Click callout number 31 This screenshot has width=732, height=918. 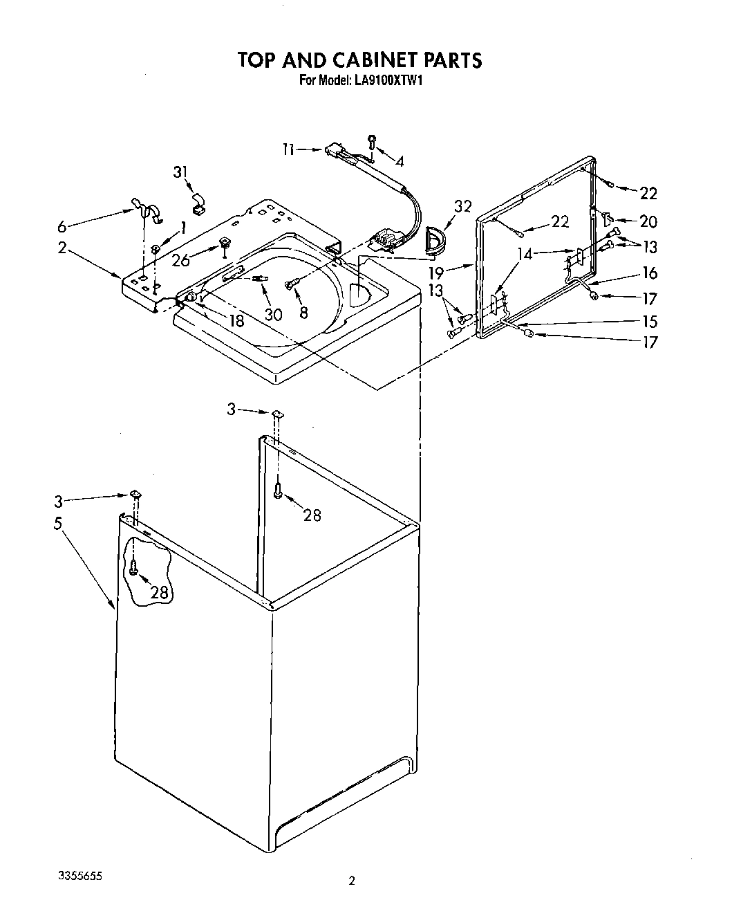click(180, 172)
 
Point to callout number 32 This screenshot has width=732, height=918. click(462, 206)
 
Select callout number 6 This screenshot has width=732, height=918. click(63, 226)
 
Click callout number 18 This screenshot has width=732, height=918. click(236, 321)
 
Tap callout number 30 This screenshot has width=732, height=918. click(273, 314)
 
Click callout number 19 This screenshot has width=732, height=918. click(455, 273)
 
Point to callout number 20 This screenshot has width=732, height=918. click(648, 221)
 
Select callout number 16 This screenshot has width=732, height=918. click(648, 273)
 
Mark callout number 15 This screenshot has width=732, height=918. click(648, 322)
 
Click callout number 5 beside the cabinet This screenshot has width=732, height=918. click(58, 523)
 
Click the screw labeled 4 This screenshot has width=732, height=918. click(371, 141)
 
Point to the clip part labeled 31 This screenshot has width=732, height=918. click(198, 201)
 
